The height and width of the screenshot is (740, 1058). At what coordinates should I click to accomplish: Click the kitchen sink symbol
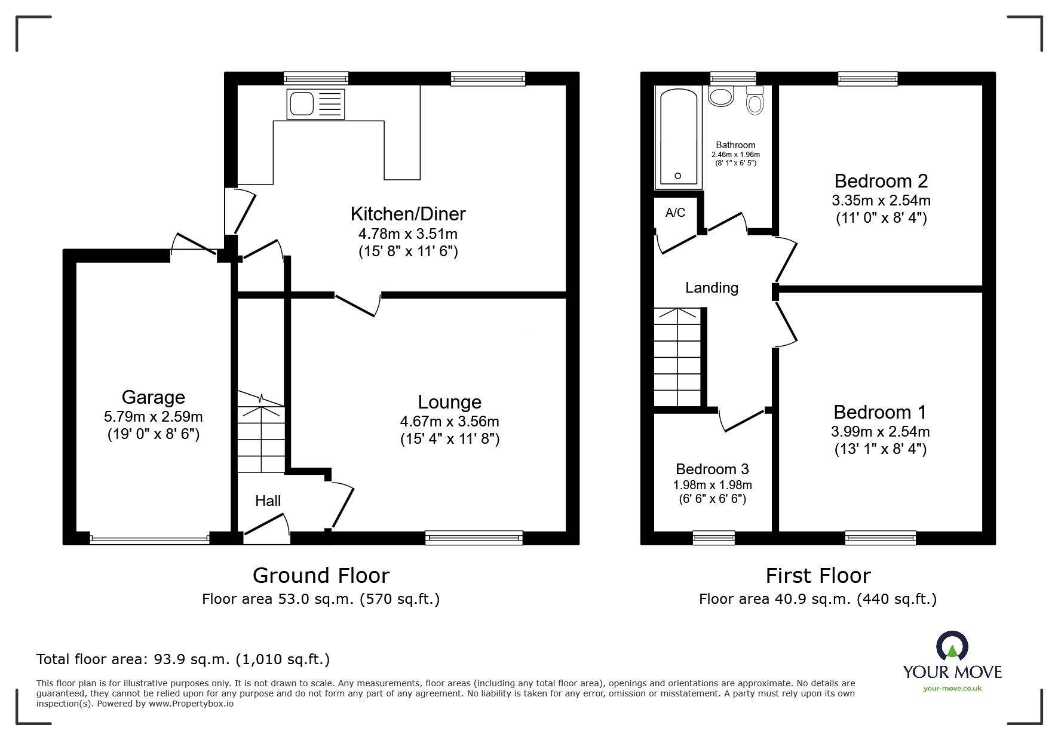click(315, 104)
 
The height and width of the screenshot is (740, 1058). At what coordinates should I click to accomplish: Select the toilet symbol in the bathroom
click(755, 102)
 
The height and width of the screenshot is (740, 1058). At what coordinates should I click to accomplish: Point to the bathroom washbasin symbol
click(722, 96)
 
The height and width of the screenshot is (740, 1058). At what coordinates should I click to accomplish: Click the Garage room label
click(153, 397)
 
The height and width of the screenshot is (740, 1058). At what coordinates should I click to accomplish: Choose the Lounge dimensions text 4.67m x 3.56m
click(449, 421)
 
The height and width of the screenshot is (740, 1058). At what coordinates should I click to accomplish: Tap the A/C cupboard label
click(675, 213)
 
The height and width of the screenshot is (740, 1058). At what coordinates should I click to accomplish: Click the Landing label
click(712, 288)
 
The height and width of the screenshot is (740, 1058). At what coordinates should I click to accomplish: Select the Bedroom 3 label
click(712, 469)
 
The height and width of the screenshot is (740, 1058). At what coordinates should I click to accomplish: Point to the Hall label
click(268, 501)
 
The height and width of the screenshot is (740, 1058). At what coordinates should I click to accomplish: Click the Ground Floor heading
click(321, 575)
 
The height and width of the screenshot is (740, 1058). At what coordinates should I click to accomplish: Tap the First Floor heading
click(818, 575)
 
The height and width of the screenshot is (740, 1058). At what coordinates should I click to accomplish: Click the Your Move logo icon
click(952, 646)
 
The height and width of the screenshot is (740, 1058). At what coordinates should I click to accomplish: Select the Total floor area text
click(183, 659)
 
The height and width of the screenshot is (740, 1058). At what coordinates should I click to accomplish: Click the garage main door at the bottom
click(150, 539)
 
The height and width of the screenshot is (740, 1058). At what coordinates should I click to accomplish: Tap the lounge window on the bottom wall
click(474, 538)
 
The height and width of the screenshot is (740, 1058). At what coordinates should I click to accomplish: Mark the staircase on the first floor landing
click(677, 357)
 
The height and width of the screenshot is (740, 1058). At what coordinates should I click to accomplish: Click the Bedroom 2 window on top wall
click(867, 78)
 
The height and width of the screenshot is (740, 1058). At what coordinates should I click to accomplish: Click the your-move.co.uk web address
click(952, 689)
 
